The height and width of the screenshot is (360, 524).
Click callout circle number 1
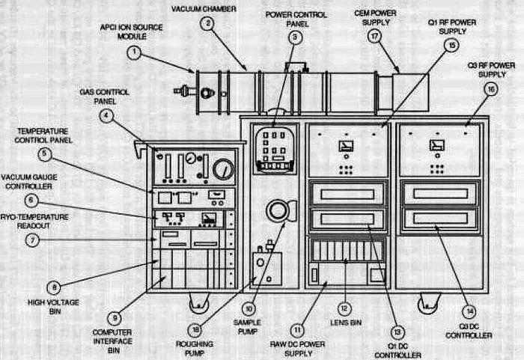(x=133, y=52)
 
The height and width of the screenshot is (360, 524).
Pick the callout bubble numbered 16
(x=491, y=89)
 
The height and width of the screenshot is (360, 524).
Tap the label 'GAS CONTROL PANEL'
(x=105, y=96)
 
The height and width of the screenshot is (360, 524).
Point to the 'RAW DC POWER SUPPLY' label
(x=294, y=348)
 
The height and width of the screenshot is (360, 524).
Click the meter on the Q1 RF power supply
(x=346, y=144)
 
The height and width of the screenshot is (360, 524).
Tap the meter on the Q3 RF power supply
(x=436, y=144)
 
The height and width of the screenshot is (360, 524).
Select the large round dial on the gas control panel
(x=223, y=168)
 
